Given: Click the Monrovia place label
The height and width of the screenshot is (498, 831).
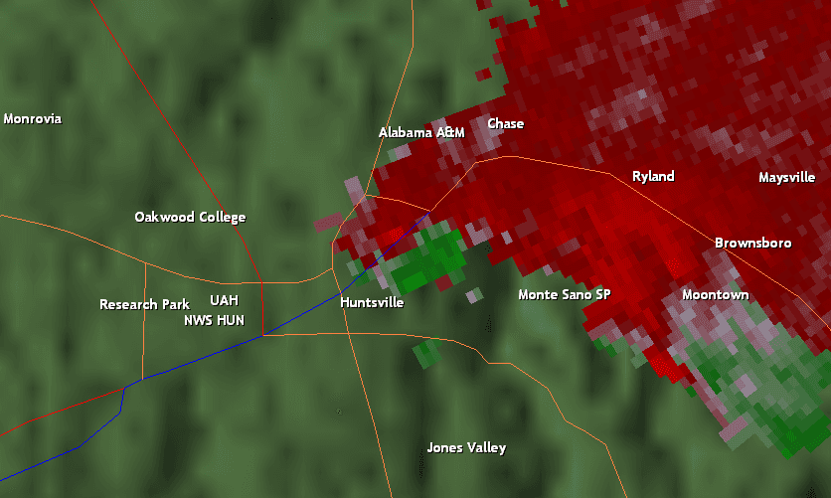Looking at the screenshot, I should (x=32, y=119).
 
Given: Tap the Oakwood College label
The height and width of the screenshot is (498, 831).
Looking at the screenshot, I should (x=190, y=218).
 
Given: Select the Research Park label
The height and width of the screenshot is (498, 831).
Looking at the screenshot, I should (x=144, y=304).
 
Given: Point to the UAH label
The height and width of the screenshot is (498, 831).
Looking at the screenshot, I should (x=224, y=300).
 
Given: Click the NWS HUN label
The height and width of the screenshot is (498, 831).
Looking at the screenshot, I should (x=214, y=320).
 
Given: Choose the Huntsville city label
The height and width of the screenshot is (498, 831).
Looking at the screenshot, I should (x=372, y=302).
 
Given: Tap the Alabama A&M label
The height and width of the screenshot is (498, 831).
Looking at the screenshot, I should (x=421, y=132).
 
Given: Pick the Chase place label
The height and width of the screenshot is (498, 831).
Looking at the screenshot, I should (x=505, y=124).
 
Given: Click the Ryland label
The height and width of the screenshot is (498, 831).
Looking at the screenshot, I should (x=653, y=177).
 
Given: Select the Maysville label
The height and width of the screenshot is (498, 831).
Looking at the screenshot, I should (x=786, y=178).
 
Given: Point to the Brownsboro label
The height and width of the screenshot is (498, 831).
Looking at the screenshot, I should (x=752, y=244).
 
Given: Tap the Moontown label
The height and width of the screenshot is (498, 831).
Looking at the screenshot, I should (x=715, y=295).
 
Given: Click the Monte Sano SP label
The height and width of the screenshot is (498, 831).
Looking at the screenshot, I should (x=564, y=295).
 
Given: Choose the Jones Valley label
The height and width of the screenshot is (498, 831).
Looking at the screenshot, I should (x=466, y=448).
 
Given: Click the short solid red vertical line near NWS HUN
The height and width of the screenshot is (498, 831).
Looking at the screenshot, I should (x=261, y=319).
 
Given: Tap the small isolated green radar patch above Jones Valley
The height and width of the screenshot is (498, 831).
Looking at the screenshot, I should (x=427, y=352).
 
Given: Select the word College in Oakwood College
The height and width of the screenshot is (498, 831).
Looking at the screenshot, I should (x=220, y=218).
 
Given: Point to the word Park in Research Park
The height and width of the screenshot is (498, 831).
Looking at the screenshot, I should (x=175, y=304).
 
